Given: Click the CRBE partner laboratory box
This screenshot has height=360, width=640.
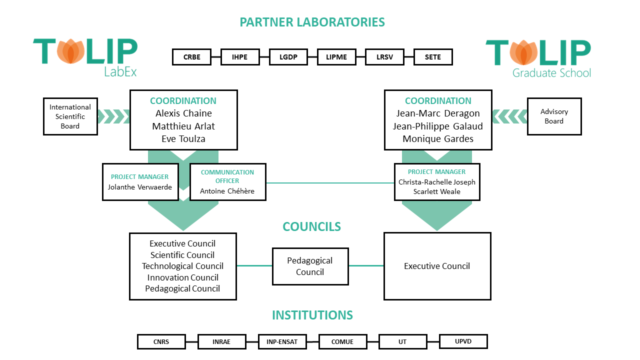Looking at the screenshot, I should (x=191, y=57).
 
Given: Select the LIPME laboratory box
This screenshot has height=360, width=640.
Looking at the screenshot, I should (x=336, y=57).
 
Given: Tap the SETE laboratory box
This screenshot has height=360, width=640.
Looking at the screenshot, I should (x=433, y=57).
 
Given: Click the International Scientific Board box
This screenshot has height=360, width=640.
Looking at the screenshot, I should (x=70, y=116).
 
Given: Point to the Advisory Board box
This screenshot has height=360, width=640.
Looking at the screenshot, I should (x=554, y=116).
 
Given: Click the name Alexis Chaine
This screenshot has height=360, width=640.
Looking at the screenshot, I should (x=183, y=113).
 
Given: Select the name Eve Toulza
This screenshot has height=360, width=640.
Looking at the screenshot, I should (x=183, y=139).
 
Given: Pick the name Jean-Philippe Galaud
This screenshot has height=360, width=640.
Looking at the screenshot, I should (x=438, y=126).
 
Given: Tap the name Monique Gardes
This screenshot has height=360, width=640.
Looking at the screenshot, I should (x=438, y=139).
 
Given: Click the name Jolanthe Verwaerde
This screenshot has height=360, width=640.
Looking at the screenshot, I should (x=140, y=187).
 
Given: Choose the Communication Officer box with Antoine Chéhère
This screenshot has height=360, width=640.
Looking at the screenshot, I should (x=227, y=182).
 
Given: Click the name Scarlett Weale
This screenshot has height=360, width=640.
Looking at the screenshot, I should (x=436, y=191).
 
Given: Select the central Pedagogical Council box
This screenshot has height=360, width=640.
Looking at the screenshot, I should (x=310, y=266).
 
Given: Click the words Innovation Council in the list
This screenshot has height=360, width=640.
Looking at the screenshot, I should (x=182, y=277).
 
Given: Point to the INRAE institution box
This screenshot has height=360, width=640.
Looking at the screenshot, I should (x=221, y=342).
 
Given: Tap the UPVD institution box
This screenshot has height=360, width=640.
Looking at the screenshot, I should (x=463, y=341).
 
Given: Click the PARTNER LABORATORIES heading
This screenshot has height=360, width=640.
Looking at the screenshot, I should (x=312, y=22).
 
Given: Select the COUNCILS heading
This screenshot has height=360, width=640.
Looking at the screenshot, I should (x=311, y=227).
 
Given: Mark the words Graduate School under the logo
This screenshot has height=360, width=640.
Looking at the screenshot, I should (x=551, y=73).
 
